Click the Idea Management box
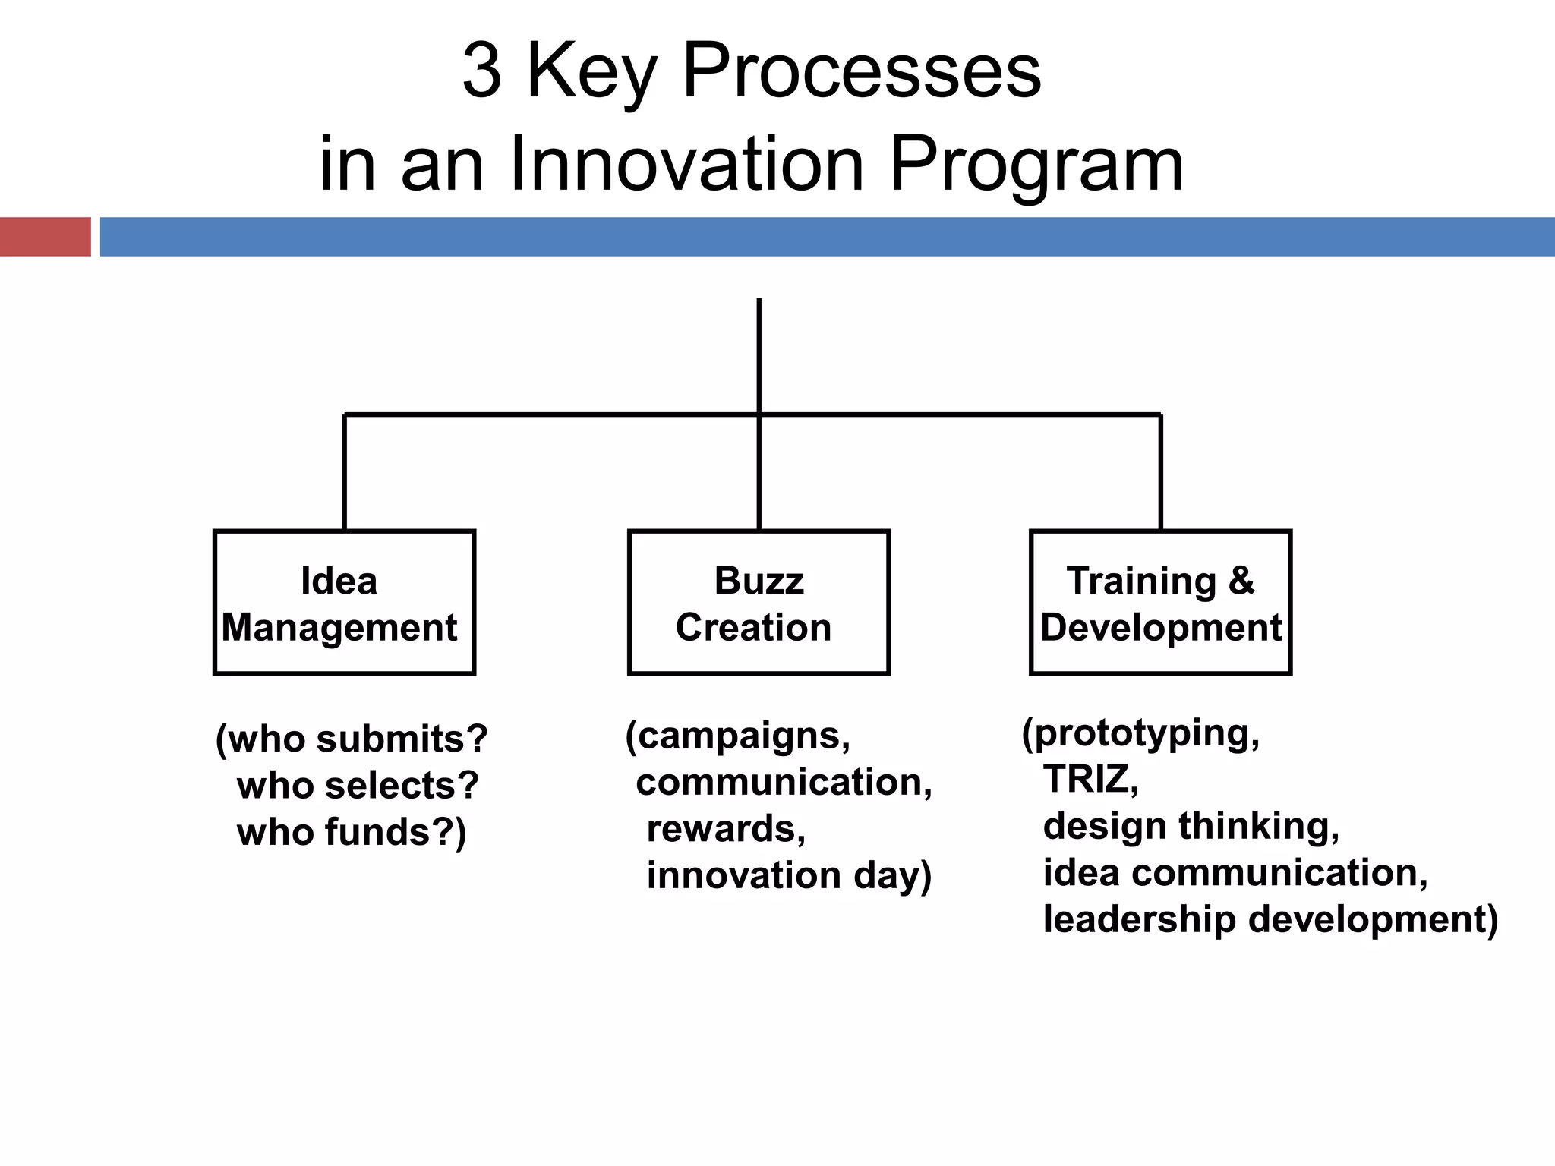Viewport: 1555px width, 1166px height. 344,602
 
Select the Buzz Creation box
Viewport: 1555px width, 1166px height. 759,602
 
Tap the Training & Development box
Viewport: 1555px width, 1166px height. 1160,602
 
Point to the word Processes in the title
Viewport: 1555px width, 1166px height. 861,72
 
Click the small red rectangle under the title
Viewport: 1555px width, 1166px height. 45,237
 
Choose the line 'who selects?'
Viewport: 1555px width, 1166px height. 358,785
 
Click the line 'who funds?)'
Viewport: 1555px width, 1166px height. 352,832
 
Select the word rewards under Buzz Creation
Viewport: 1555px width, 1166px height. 725,828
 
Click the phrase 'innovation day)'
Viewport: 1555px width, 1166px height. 788,875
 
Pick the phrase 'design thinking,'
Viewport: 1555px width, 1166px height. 1191,826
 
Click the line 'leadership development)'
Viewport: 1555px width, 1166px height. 1270,919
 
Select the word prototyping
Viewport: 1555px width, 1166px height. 1145,733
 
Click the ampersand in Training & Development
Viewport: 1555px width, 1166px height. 1241,581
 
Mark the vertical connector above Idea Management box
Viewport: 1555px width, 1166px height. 345,472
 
